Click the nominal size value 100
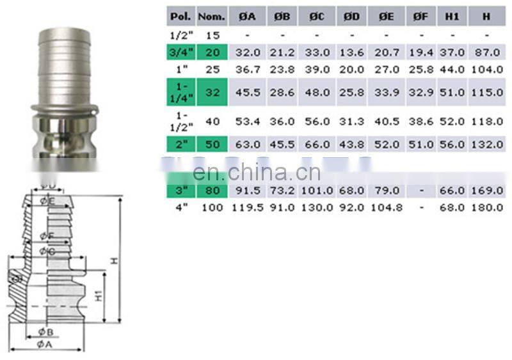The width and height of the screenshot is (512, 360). pos(211,207)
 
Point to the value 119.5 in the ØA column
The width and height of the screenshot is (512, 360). pos(246,207)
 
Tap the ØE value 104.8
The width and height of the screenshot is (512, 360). pos(385,207)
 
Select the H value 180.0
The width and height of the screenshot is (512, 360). pos(487,207)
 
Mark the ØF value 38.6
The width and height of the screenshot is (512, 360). pos(420,121)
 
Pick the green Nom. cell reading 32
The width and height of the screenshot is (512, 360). pos(211,92)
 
